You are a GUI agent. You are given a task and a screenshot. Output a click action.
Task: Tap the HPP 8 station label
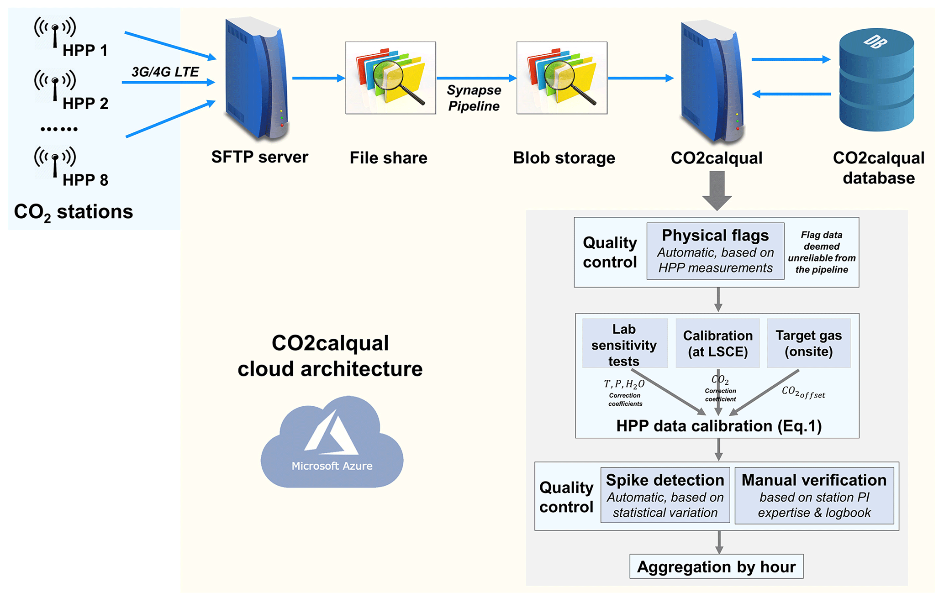[x=85, y=180]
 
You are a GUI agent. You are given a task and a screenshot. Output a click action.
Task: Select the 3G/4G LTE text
[x=165, y=72]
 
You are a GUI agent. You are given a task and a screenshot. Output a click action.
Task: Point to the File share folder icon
[x=390, y=78]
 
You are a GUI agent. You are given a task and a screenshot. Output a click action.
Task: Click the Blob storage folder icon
[x=562, y=78]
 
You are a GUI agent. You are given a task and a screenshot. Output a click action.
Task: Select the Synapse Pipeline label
[x=474, y=98]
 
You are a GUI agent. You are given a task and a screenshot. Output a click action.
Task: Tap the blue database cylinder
[x=876, y=80]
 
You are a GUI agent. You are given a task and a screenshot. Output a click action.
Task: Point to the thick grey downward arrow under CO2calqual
[x=717, y=190]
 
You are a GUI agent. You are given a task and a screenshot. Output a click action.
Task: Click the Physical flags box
[x=715, y=251]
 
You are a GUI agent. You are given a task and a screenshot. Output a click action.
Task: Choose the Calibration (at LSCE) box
[x=717, y=343]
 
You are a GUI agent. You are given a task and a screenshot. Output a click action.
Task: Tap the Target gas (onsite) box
[x=808, y=343]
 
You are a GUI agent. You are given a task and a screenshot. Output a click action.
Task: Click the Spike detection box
[x=665, y=495]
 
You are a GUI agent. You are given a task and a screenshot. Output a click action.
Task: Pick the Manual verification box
[x=814, y=495]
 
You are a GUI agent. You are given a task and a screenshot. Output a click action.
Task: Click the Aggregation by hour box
[x=716, y=566]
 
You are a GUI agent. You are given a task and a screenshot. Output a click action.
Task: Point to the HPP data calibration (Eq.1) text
[x=718, y=426]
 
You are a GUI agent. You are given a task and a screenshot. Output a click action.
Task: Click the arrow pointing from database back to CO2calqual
[x=791, y=94]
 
